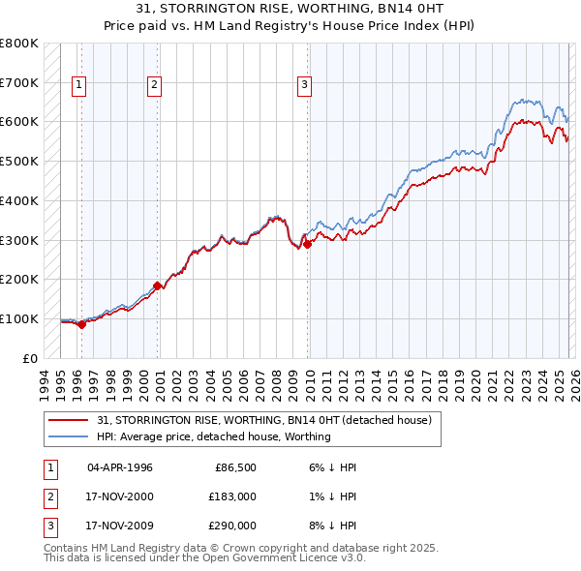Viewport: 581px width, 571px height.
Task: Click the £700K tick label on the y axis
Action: point(19,82)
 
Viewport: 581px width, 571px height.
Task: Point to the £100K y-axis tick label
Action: point(19,318)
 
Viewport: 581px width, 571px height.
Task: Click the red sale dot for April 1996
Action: point(82,324)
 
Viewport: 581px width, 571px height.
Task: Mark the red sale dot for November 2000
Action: point(158,285)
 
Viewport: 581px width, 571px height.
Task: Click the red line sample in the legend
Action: point(69,420)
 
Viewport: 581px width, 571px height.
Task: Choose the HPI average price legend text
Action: point(214,436)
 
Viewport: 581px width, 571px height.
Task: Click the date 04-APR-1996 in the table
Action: point(120,467)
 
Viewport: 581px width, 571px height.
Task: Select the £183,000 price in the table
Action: point(232,496)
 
